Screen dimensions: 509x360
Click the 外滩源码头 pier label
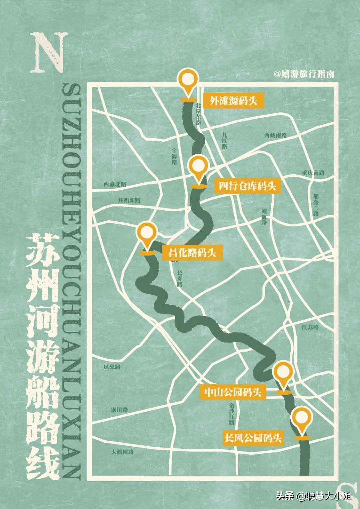coord(233,101)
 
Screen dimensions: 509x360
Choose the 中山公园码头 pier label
coord(233,392)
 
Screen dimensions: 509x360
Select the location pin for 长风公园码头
coord(302,417)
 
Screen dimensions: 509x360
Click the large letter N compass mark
coord(47,53)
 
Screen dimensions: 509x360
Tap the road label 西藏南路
coord(276,135)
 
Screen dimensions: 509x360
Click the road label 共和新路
coord(129,200)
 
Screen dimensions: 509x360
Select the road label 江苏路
coord(310,327)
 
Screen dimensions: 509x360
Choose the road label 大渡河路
coord(123,452)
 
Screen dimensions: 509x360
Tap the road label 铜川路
coord(120,410)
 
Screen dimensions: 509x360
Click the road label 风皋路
coord(112,367)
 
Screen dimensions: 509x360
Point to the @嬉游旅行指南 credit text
coord(304,74)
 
